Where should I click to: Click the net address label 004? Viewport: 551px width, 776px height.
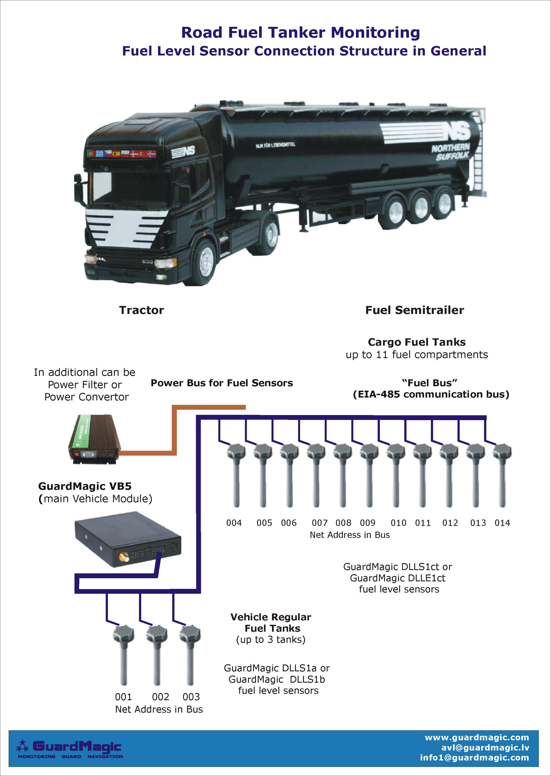(x=234, y=523)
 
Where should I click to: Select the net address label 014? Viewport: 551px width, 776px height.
(x=502, y=523)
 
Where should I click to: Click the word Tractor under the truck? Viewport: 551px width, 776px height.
(x=141, y=310)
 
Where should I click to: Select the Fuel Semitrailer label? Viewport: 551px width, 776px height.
(x=415, y=310)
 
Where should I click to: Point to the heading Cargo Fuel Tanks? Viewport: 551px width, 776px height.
(x=417, y=342)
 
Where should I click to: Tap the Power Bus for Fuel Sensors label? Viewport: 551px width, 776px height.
(x=222, y=383)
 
